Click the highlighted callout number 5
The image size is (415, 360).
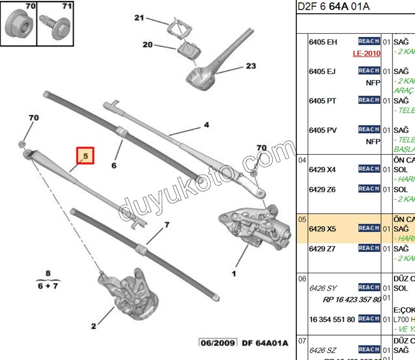(x=85, y=157)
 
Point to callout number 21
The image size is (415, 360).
(x=140, y=19)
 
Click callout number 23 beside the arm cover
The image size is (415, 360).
(x=250, y=66)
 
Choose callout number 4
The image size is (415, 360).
(x=207, y=125)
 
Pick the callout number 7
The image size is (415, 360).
(x=166, y=225)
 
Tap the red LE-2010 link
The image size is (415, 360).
(x=366, y=54)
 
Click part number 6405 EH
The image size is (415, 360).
(x=323, y=42)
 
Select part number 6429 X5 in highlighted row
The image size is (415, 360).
(x=323, y=228)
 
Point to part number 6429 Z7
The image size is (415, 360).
(x=322, y=248)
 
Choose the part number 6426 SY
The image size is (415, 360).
(x=323, y=288)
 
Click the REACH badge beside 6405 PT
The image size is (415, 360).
(x=369, y=100)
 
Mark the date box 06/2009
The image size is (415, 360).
(x=218, y=343)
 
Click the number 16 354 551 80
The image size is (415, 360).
(x=332, y=319)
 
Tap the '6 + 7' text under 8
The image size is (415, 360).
(x=48, y=286)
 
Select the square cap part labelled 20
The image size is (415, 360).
(x=186, y=50)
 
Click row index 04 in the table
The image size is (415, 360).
(x=302, y=160)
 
